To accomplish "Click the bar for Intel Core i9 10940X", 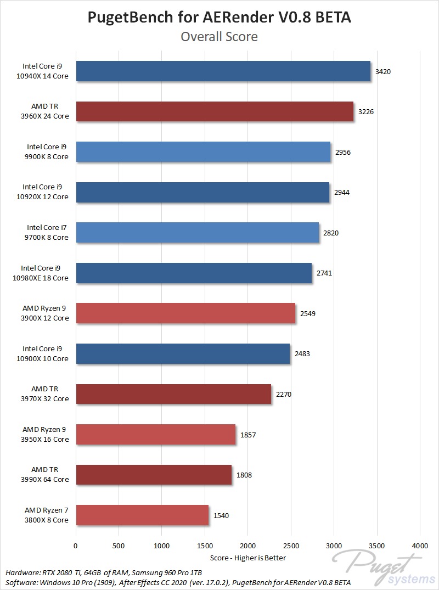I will click(x=223, y=71).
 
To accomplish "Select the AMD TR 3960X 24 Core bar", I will click(x=215, y=111).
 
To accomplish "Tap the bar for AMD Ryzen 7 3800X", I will click(x=142, y=515).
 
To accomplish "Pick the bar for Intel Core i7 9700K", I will click(x=197, y=233).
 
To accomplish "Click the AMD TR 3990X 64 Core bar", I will click(x=154, y=475).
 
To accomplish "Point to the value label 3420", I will click(x=382, y=71).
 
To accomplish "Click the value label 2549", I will click(x=308, y=313).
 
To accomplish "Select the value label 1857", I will click(x=248, y=435).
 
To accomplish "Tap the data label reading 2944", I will click(x=341, y=193).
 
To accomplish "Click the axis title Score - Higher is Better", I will click(x=248, y=558).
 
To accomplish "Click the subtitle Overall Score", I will click(x=219, y=37).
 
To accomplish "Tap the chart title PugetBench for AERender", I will click(x=219, y=18).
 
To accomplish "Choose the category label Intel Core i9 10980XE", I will click(x=44, y=273).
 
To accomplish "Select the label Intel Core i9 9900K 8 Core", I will click(x=48, y=152).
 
